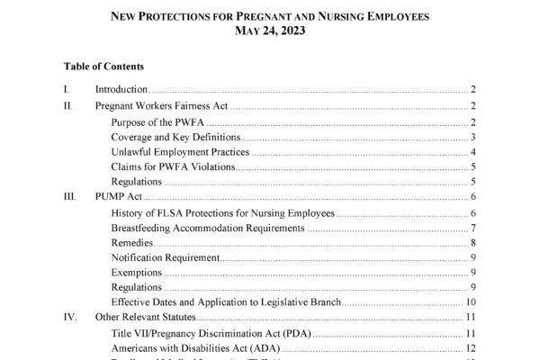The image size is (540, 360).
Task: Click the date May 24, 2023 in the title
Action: [269, 31]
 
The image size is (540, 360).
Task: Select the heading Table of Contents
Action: [103, 67]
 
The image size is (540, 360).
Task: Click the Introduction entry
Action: [121, 90]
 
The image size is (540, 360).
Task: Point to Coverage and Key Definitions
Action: [175, 138]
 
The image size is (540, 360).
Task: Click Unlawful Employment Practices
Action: [179, 152]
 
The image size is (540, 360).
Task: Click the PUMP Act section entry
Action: [120, 197]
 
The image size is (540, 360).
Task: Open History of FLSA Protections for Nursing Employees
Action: [222, 213]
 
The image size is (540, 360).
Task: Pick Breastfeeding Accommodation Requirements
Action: [207, 228]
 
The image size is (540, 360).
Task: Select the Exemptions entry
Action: [137, 272]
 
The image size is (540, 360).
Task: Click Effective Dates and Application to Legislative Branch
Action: [225, 301]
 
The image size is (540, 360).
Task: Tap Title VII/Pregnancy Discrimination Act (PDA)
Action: [210, 334]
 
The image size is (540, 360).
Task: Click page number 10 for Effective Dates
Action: [471, 301]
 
